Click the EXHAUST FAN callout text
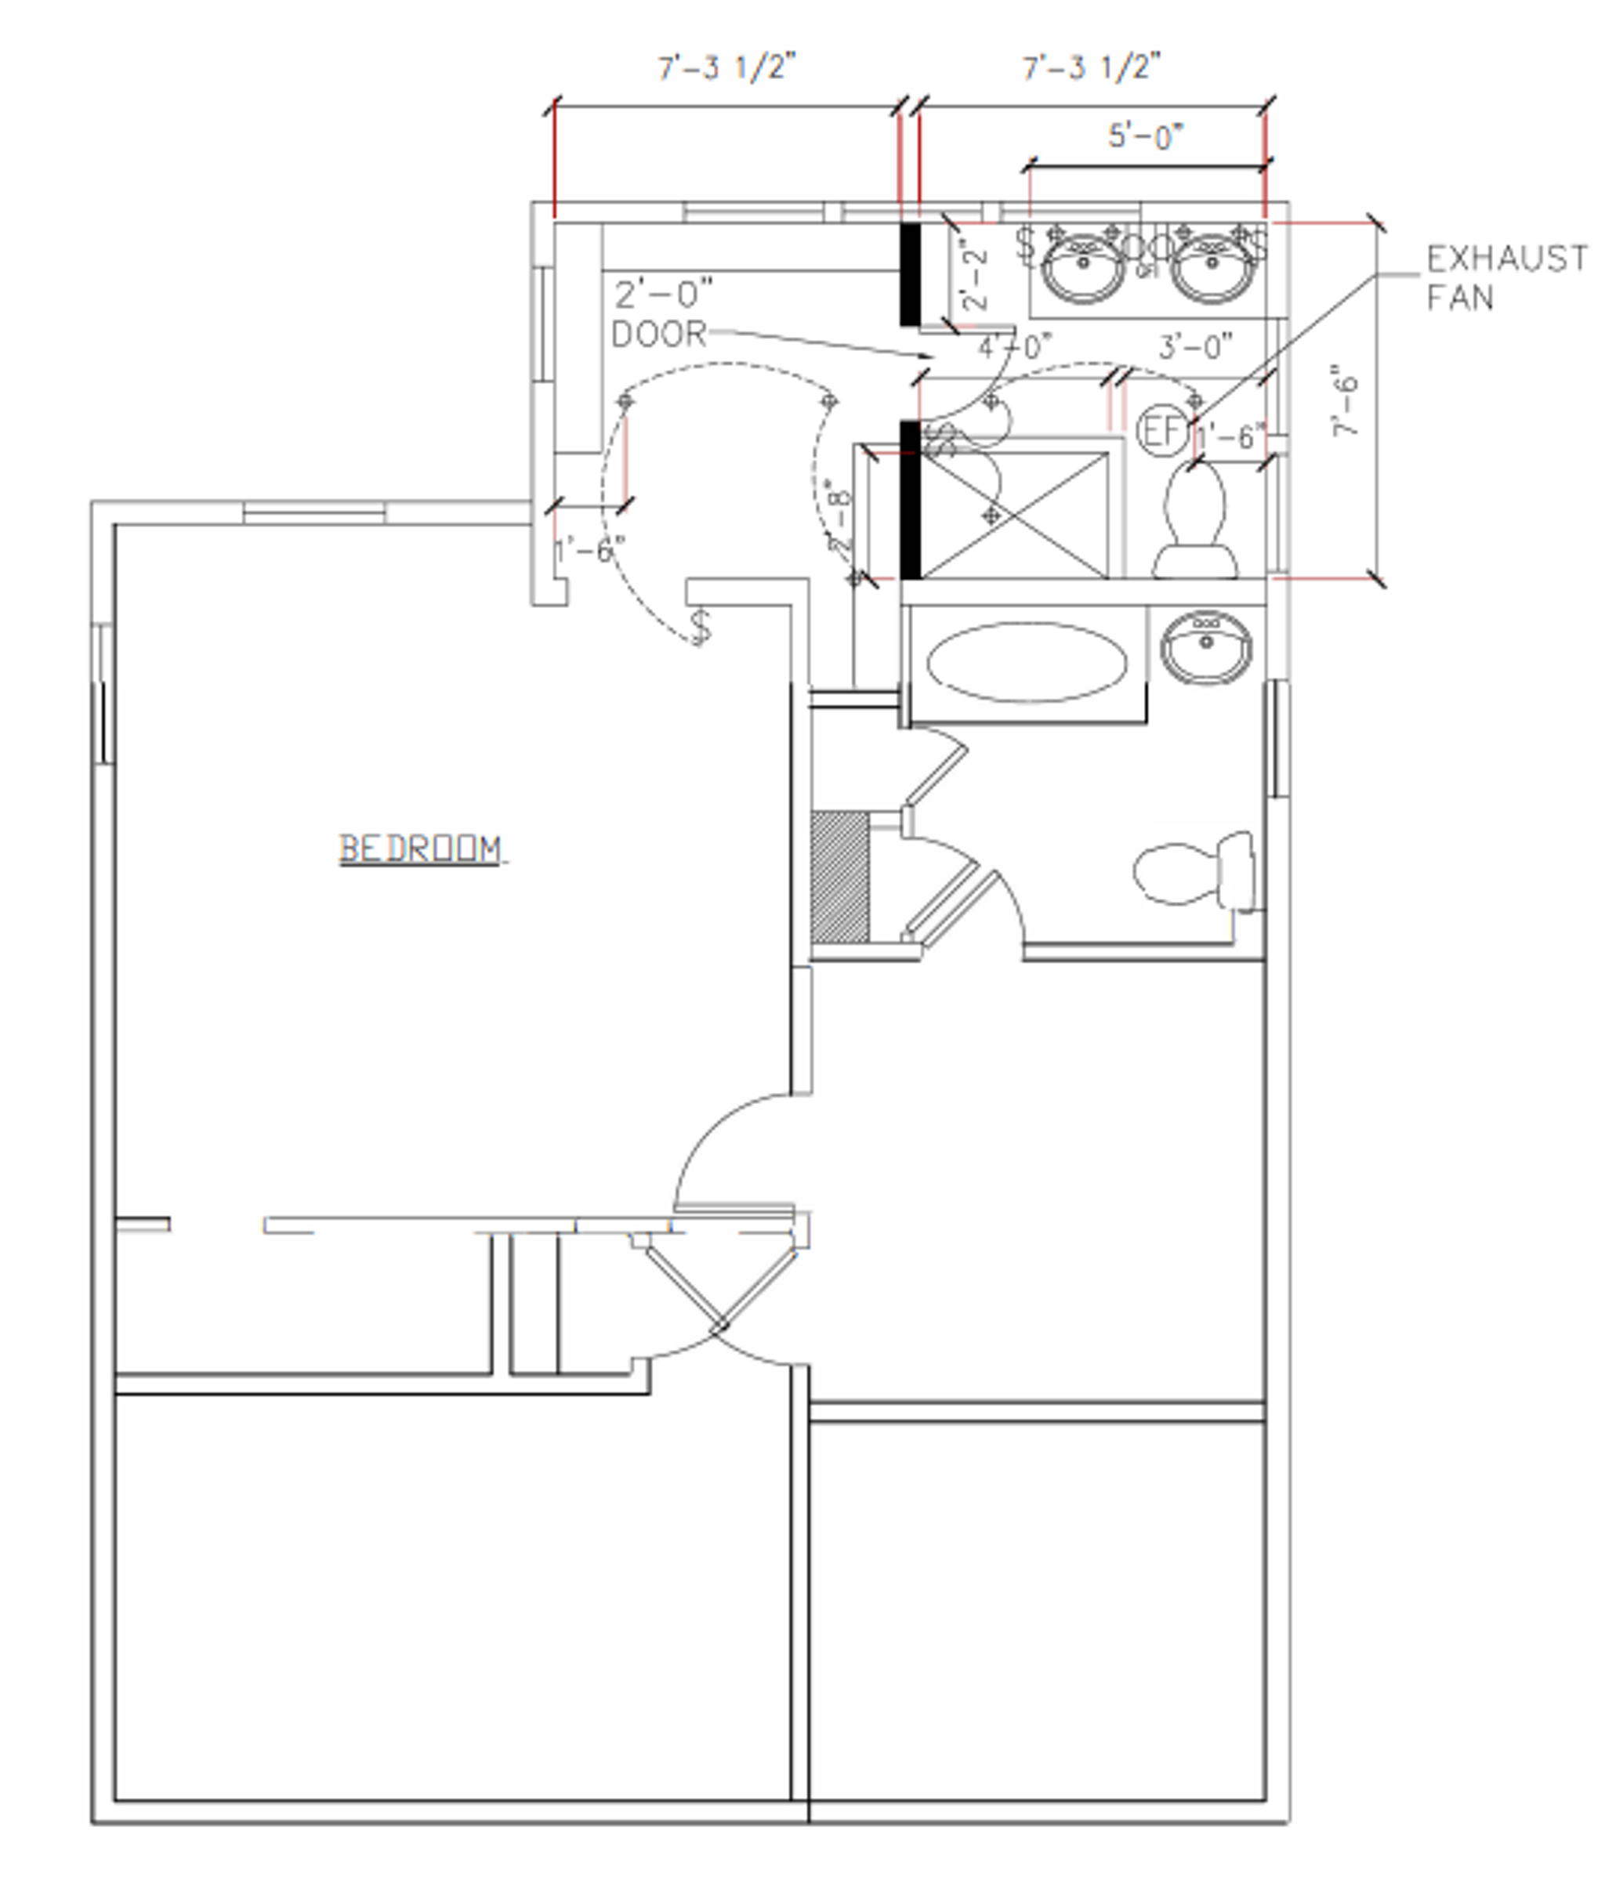tap(1505, 277)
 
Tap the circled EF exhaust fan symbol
tap(1163, 430)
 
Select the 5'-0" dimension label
tap(1145, 136)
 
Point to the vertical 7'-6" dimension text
tap(1346, 401)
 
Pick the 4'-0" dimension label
tap(1015, 346)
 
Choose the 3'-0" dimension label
tap(1196, 346)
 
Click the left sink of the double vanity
tap(1083, 266)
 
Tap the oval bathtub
tap(1027, 662)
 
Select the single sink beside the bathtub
tap(1205, 648)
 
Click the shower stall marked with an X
tap(1016, 515)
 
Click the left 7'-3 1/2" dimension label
tap(727, 67)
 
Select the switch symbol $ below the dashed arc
tap(701, 627)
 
